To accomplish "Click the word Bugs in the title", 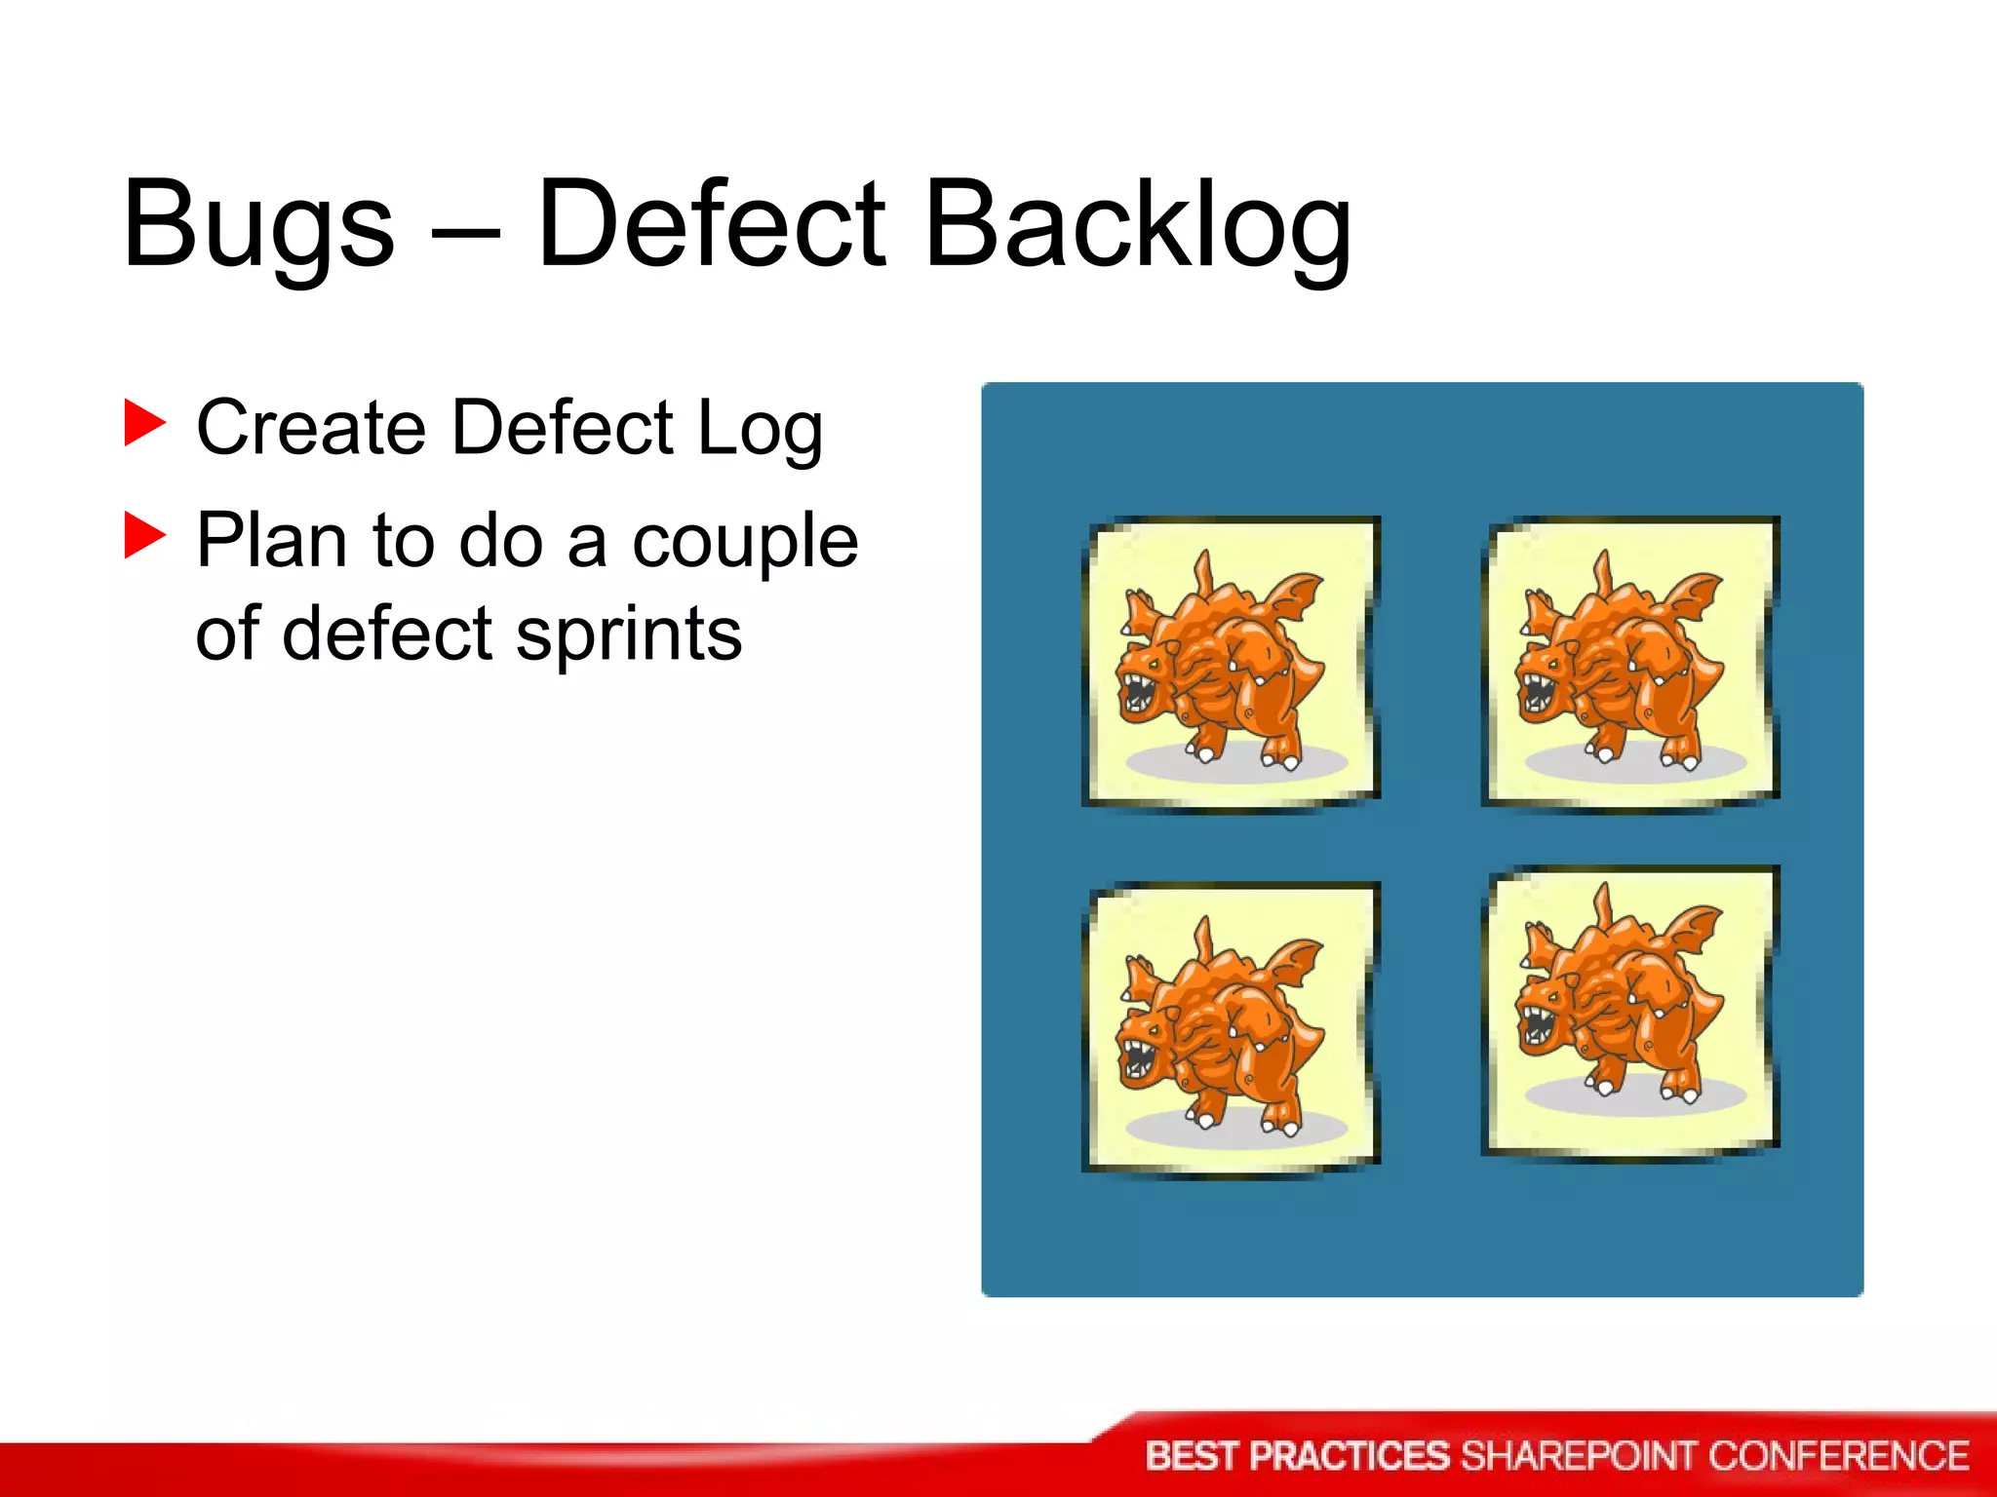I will (x=258, y=226).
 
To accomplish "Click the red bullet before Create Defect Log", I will (x=145, y=424).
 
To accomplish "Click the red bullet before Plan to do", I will (x=145, y=536).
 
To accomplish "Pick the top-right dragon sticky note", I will (x=1629, y=663).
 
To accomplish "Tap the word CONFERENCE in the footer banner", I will (x=1838, y=1456).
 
